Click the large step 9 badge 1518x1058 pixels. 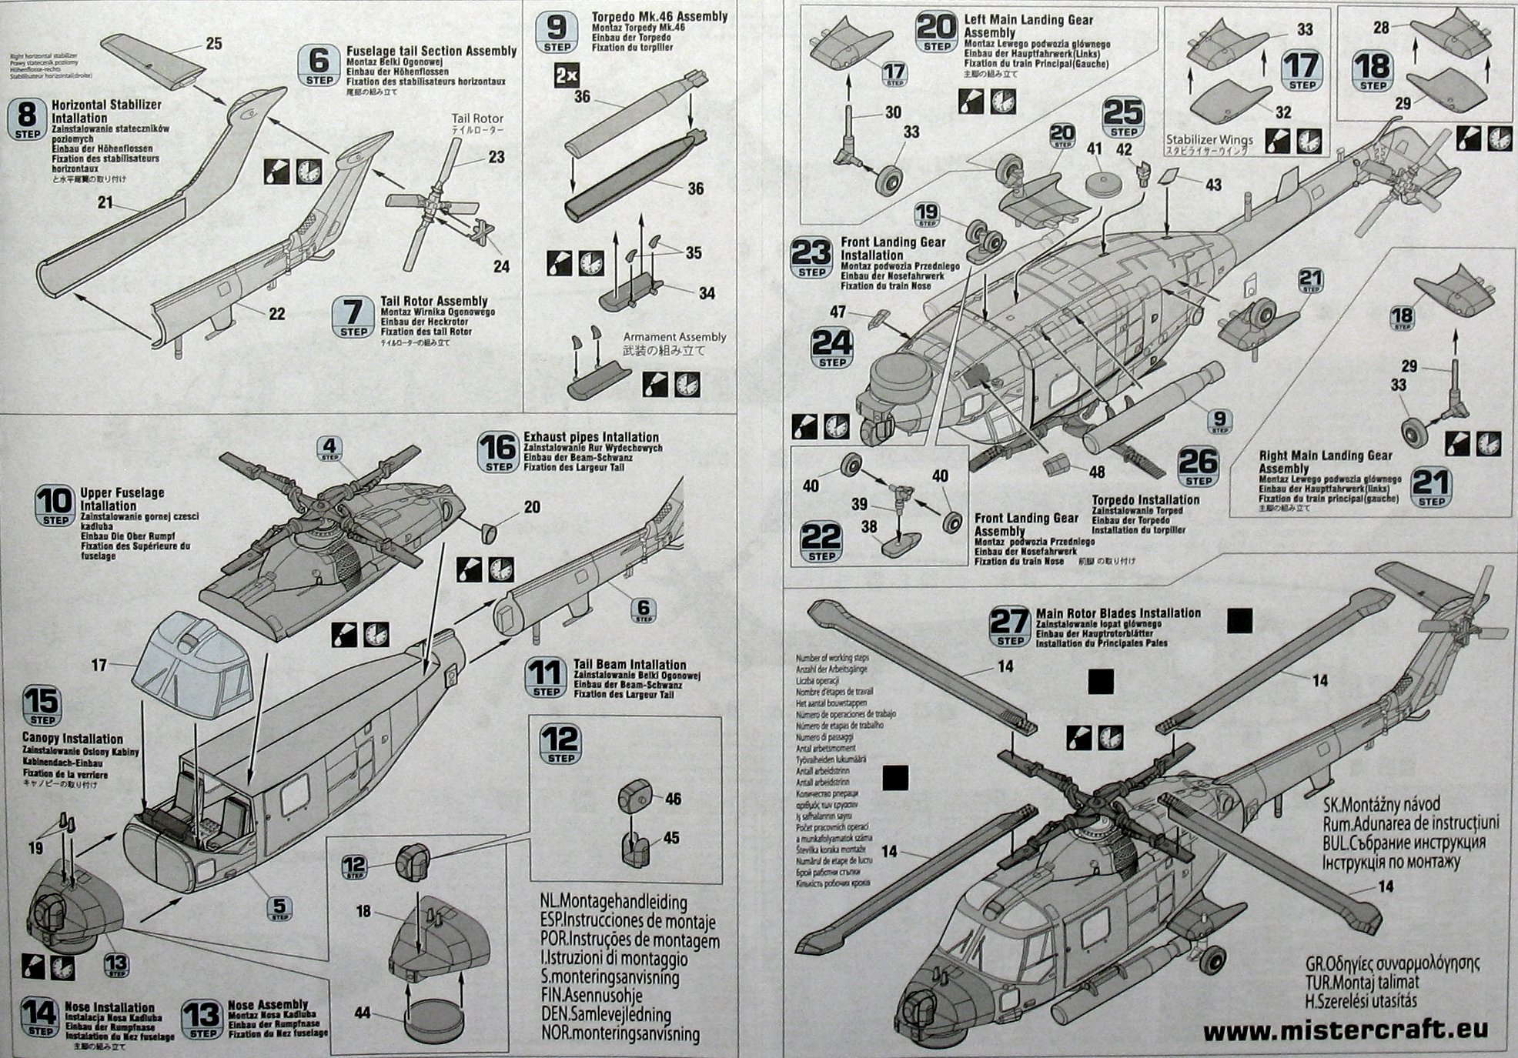(557, 32)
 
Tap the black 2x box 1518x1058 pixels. (566, 76)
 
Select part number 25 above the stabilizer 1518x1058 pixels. (214, 44)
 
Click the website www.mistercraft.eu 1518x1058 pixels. (1345, 1030)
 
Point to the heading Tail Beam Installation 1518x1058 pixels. (629, 665)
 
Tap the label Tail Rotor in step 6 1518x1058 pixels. (477, 118)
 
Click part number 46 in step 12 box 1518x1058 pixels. (673, 799)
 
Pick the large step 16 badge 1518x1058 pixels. (498, 451)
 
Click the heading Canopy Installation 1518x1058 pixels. (72, 739)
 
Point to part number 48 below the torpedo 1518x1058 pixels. (1096, 472)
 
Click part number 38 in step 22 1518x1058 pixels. (868, 526)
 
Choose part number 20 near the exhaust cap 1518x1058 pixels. (532, 507)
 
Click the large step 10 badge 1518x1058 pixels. (56, 506)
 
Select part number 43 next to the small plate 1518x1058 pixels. (1213, 185)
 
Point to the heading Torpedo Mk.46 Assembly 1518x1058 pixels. (659, 16)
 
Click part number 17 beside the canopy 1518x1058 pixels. (99, 664)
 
